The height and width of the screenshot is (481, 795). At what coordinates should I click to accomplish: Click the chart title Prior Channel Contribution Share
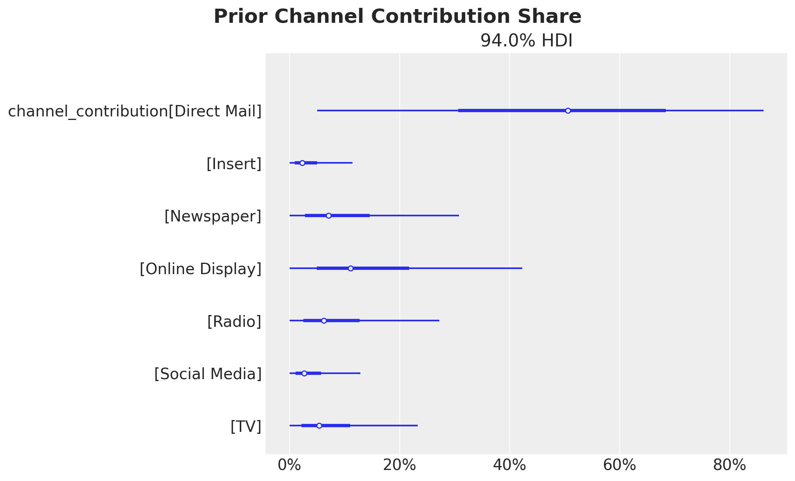397,17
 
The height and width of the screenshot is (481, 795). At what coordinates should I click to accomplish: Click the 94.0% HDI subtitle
526,41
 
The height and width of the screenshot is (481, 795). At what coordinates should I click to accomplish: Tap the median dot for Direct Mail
568,111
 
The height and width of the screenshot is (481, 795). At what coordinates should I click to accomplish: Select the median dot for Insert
302,163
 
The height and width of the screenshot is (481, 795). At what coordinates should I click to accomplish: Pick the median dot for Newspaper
329,216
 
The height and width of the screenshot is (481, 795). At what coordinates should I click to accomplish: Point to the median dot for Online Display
351,268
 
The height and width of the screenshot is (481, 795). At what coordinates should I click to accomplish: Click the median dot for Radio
324,321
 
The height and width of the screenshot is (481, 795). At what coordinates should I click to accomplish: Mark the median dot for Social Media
304,373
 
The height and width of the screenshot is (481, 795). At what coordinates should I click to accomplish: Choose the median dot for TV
319,426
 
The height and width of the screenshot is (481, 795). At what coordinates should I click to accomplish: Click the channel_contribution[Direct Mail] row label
135,111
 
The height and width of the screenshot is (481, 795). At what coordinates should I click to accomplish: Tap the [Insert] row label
234,164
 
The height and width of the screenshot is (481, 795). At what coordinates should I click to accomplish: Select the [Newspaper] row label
213,216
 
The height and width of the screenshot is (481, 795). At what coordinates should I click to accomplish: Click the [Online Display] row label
200,269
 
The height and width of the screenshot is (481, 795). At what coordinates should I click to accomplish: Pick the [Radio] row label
234,322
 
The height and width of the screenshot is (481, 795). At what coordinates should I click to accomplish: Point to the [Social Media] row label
208,374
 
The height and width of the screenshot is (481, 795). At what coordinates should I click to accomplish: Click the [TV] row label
246,426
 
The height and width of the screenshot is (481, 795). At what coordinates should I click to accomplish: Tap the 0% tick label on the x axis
289,465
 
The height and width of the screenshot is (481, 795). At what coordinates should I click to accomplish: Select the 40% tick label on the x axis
509,465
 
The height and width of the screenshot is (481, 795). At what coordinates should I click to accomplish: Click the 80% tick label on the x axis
729,465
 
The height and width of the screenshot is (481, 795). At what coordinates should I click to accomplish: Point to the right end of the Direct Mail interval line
763,111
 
